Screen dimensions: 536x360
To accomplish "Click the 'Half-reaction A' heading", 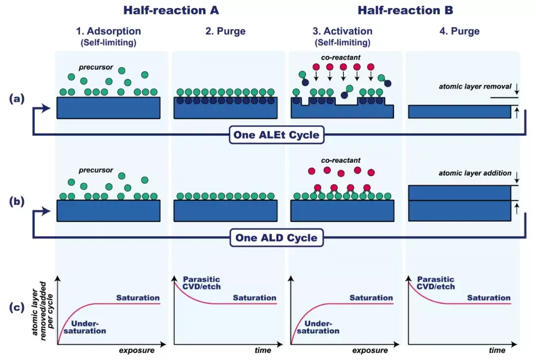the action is point(171,10).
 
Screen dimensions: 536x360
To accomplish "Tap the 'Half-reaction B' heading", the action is point(405,10).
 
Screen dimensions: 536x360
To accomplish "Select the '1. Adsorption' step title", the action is point(108,31).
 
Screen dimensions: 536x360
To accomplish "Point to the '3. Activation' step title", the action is point(342,31).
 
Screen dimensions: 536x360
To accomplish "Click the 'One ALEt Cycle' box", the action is point(276,135).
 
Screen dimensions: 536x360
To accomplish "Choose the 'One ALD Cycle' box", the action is point(276,238).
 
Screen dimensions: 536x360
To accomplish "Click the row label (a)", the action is point(17,99).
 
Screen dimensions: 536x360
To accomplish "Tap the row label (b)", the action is point(17,201).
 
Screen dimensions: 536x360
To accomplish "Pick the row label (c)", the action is point(17,307).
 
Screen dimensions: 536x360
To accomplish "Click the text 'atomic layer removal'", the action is point(475,86).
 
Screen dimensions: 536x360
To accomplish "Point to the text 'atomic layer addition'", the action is point(475,173).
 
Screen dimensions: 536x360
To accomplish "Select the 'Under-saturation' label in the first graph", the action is point(85,327).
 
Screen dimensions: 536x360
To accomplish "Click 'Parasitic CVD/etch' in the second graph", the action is point(201,283).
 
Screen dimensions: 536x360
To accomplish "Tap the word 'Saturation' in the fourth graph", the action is point(489,298).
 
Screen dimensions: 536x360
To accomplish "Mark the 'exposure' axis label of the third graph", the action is point(370,351).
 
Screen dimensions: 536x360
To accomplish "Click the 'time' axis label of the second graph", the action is point(263,351).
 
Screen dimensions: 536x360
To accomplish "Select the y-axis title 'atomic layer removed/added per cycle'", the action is point(43,311).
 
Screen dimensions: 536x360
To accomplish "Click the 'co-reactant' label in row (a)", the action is point(340,58).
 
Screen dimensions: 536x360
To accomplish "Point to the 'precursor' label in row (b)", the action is point(96,170).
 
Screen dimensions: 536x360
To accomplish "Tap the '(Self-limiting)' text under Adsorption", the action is point(108,43).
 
